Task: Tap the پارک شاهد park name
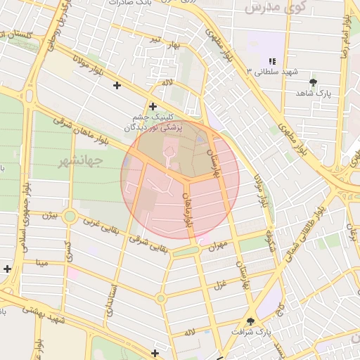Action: point(313,93)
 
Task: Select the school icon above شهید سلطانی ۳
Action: point(272,62)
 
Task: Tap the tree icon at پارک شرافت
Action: point(250,320)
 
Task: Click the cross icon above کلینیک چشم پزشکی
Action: point(153,106)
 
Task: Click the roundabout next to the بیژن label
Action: point(70,216)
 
